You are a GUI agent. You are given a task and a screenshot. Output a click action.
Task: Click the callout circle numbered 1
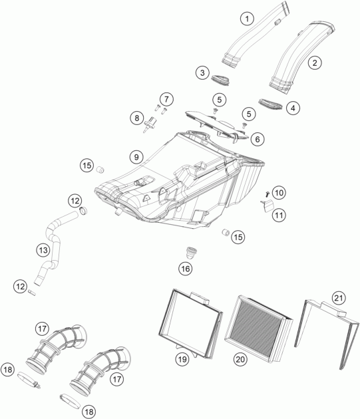[247, 19]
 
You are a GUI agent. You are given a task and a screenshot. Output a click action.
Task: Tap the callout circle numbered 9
[136, 157]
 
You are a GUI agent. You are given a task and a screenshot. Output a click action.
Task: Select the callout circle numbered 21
[339, 298]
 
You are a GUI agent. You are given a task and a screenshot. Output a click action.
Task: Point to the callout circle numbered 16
[186, 269]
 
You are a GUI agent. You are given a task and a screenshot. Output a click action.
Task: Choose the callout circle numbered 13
[43, 250]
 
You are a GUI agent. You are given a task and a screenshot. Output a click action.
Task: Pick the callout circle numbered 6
[258, 139]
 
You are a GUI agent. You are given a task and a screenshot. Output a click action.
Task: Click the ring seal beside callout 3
[221, 80]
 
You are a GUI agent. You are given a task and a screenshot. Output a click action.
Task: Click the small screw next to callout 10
[267, 194]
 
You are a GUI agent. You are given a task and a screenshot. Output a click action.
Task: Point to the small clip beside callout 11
[268, 206]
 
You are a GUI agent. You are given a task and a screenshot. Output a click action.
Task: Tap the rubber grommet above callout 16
[190, 252]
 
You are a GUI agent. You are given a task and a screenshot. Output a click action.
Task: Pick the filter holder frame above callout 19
[190, 323]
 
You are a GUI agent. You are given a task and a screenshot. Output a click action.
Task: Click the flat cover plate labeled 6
[217, 125]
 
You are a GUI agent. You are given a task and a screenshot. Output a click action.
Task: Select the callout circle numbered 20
[240, 359]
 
